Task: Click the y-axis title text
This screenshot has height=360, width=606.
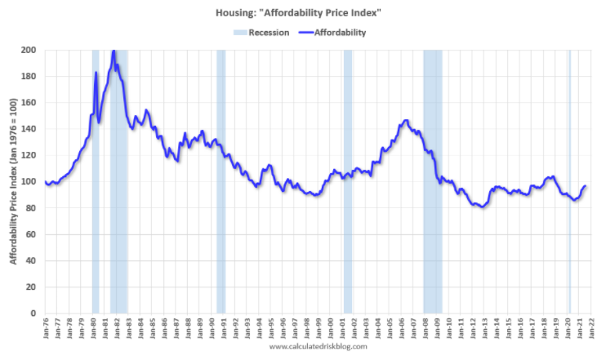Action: [x=13, y=181]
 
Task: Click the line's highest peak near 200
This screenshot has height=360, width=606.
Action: [x=114, y=52]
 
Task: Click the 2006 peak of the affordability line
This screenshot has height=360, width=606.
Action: [x=406, y=121]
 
